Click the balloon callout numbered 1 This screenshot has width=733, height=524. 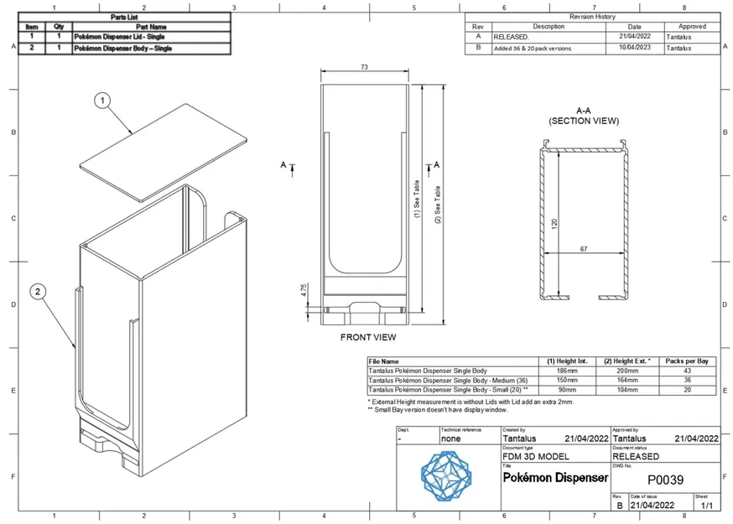pyautogui.click(x=102, y=101)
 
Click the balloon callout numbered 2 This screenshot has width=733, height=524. pyautogui.click(x=39, y=292)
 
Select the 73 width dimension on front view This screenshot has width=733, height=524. pyautogui.click(x=364, y=66)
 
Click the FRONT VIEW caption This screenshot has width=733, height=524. pyautogui.click(x=368, y=337)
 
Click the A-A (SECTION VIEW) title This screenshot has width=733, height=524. pyautogui.click(x=584, y=116)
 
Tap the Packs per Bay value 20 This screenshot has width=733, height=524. pyautogui.click(x=687, y=390)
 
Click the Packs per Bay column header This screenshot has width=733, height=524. pyautogui.click(x=687, y=361)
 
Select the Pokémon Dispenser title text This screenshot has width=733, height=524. pyautogui.click(x=555, y=477)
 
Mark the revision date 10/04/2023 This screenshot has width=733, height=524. pyautogui.click(x=635, y=49)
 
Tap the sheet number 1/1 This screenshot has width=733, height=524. pyautogui.click(x=706, y=506)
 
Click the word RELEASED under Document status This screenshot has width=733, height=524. pyautogui.click(x=636, y=457)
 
